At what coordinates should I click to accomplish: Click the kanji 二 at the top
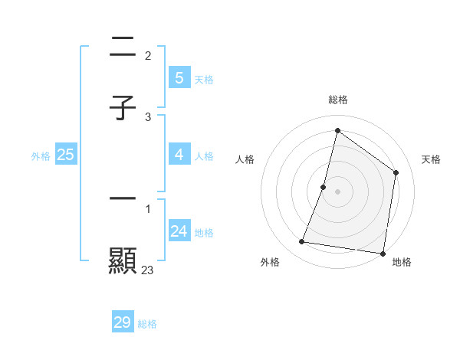click(x=123, y=47)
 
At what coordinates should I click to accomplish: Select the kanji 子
click(x=123, y=108)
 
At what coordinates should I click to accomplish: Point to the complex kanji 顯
click(x=123, y=260)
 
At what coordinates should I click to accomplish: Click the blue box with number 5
click(x=179, y=77)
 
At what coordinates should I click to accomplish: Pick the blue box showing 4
click(x=179, y=155)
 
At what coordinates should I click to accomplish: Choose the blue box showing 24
click(x=179, y=231)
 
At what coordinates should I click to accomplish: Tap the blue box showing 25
click(x=65, y=155)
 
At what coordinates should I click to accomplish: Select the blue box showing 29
click(x=123, y=322)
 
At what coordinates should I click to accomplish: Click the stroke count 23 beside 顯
click(x=148, y=270)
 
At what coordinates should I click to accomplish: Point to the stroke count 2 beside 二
click(x=148, y=55)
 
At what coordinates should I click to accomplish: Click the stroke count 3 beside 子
click(x=148, y=116)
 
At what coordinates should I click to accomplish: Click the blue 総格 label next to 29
click(x=147, y=324)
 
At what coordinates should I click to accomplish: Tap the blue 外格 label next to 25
click(x=41, y=155)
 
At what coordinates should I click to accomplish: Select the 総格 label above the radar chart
click(x=337, y=100)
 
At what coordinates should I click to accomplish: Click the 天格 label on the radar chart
click(x=432, y=159)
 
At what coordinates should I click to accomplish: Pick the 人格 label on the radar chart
click(x=245, y=159)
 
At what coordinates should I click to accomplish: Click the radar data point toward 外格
click(x=302, y=242)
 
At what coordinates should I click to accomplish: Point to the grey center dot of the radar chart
click(x=337, y=191)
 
